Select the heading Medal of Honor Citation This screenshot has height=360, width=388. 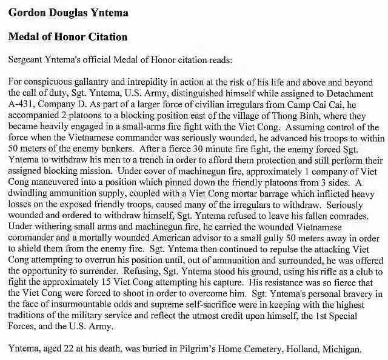(x=68, y=37)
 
